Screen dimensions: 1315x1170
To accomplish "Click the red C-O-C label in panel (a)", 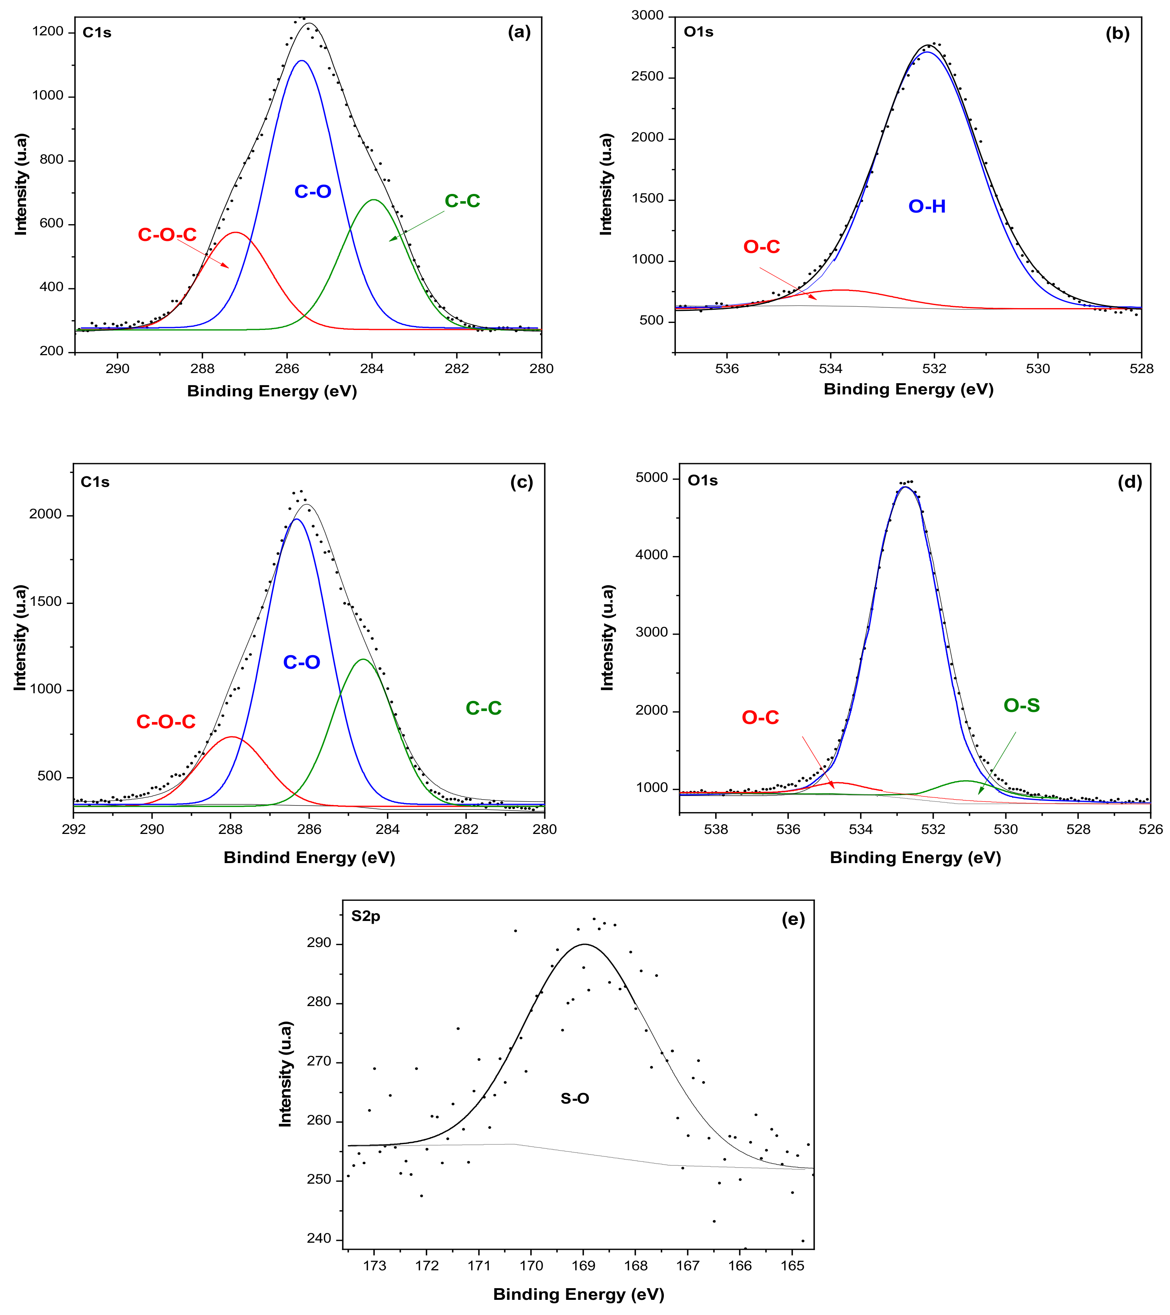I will click(167, 235).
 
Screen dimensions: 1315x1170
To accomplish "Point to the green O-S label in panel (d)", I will click(1021, 706).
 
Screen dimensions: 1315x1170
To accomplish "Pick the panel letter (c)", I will click(521, 483).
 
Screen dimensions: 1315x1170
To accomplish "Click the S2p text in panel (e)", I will click(366, 916).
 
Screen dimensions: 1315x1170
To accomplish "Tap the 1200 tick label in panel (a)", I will click(48, 31).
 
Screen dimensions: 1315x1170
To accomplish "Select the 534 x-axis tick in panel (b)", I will click(830, 369).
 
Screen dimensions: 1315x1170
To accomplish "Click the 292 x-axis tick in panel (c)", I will click(74, 829).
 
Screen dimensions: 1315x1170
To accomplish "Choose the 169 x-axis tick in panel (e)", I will click(583, 1266).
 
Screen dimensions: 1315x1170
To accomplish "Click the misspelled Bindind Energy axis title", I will click(309, 858).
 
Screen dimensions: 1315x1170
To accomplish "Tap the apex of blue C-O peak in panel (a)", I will click(302, 61).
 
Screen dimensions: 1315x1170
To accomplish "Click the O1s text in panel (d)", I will click(702, 481).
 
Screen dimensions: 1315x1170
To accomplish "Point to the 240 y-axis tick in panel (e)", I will click(319, 1238).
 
